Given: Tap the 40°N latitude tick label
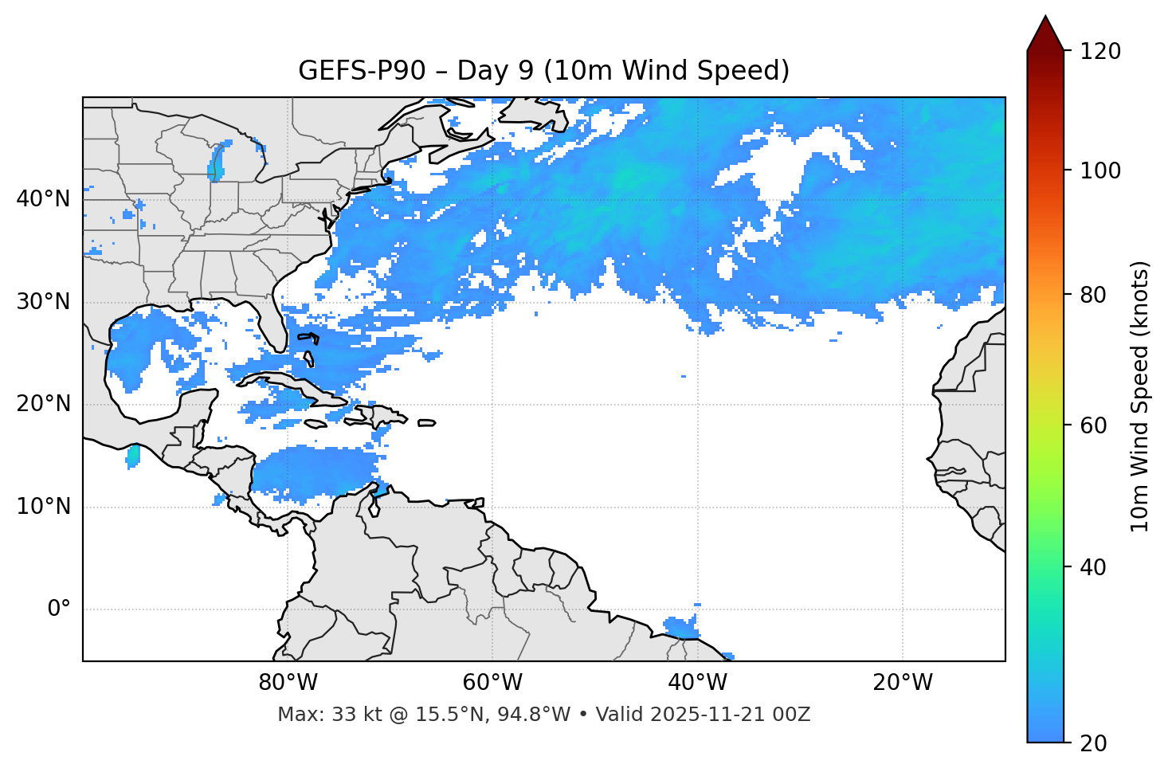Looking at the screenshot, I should (x=43, y=199).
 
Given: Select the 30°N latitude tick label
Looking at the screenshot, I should (x=43, y=302).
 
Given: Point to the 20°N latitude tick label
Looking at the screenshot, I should (x=43, y=404).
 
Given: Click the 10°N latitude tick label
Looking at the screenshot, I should (x=43, y=507).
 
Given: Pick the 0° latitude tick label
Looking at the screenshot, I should (x=59, y=609).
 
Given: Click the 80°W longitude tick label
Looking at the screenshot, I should (x=288, y=683).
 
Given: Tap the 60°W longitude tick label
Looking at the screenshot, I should (x=492, y=683).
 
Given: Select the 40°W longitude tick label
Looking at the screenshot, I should (x=697, y=683).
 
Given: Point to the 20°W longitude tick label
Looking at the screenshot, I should (x=902, y=683).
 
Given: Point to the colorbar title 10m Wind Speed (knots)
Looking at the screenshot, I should (x=1140, y=396).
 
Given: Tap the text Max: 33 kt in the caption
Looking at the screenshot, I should (x=312, y=715).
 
